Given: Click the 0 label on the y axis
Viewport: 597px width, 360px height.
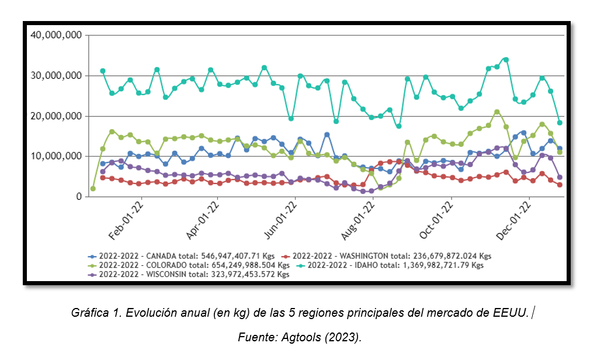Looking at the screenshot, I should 78,197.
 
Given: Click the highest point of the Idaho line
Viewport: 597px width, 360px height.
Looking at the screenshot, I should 506,60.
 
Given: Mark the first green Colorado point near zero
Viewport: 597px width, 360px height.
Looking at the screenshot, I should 93,189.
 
